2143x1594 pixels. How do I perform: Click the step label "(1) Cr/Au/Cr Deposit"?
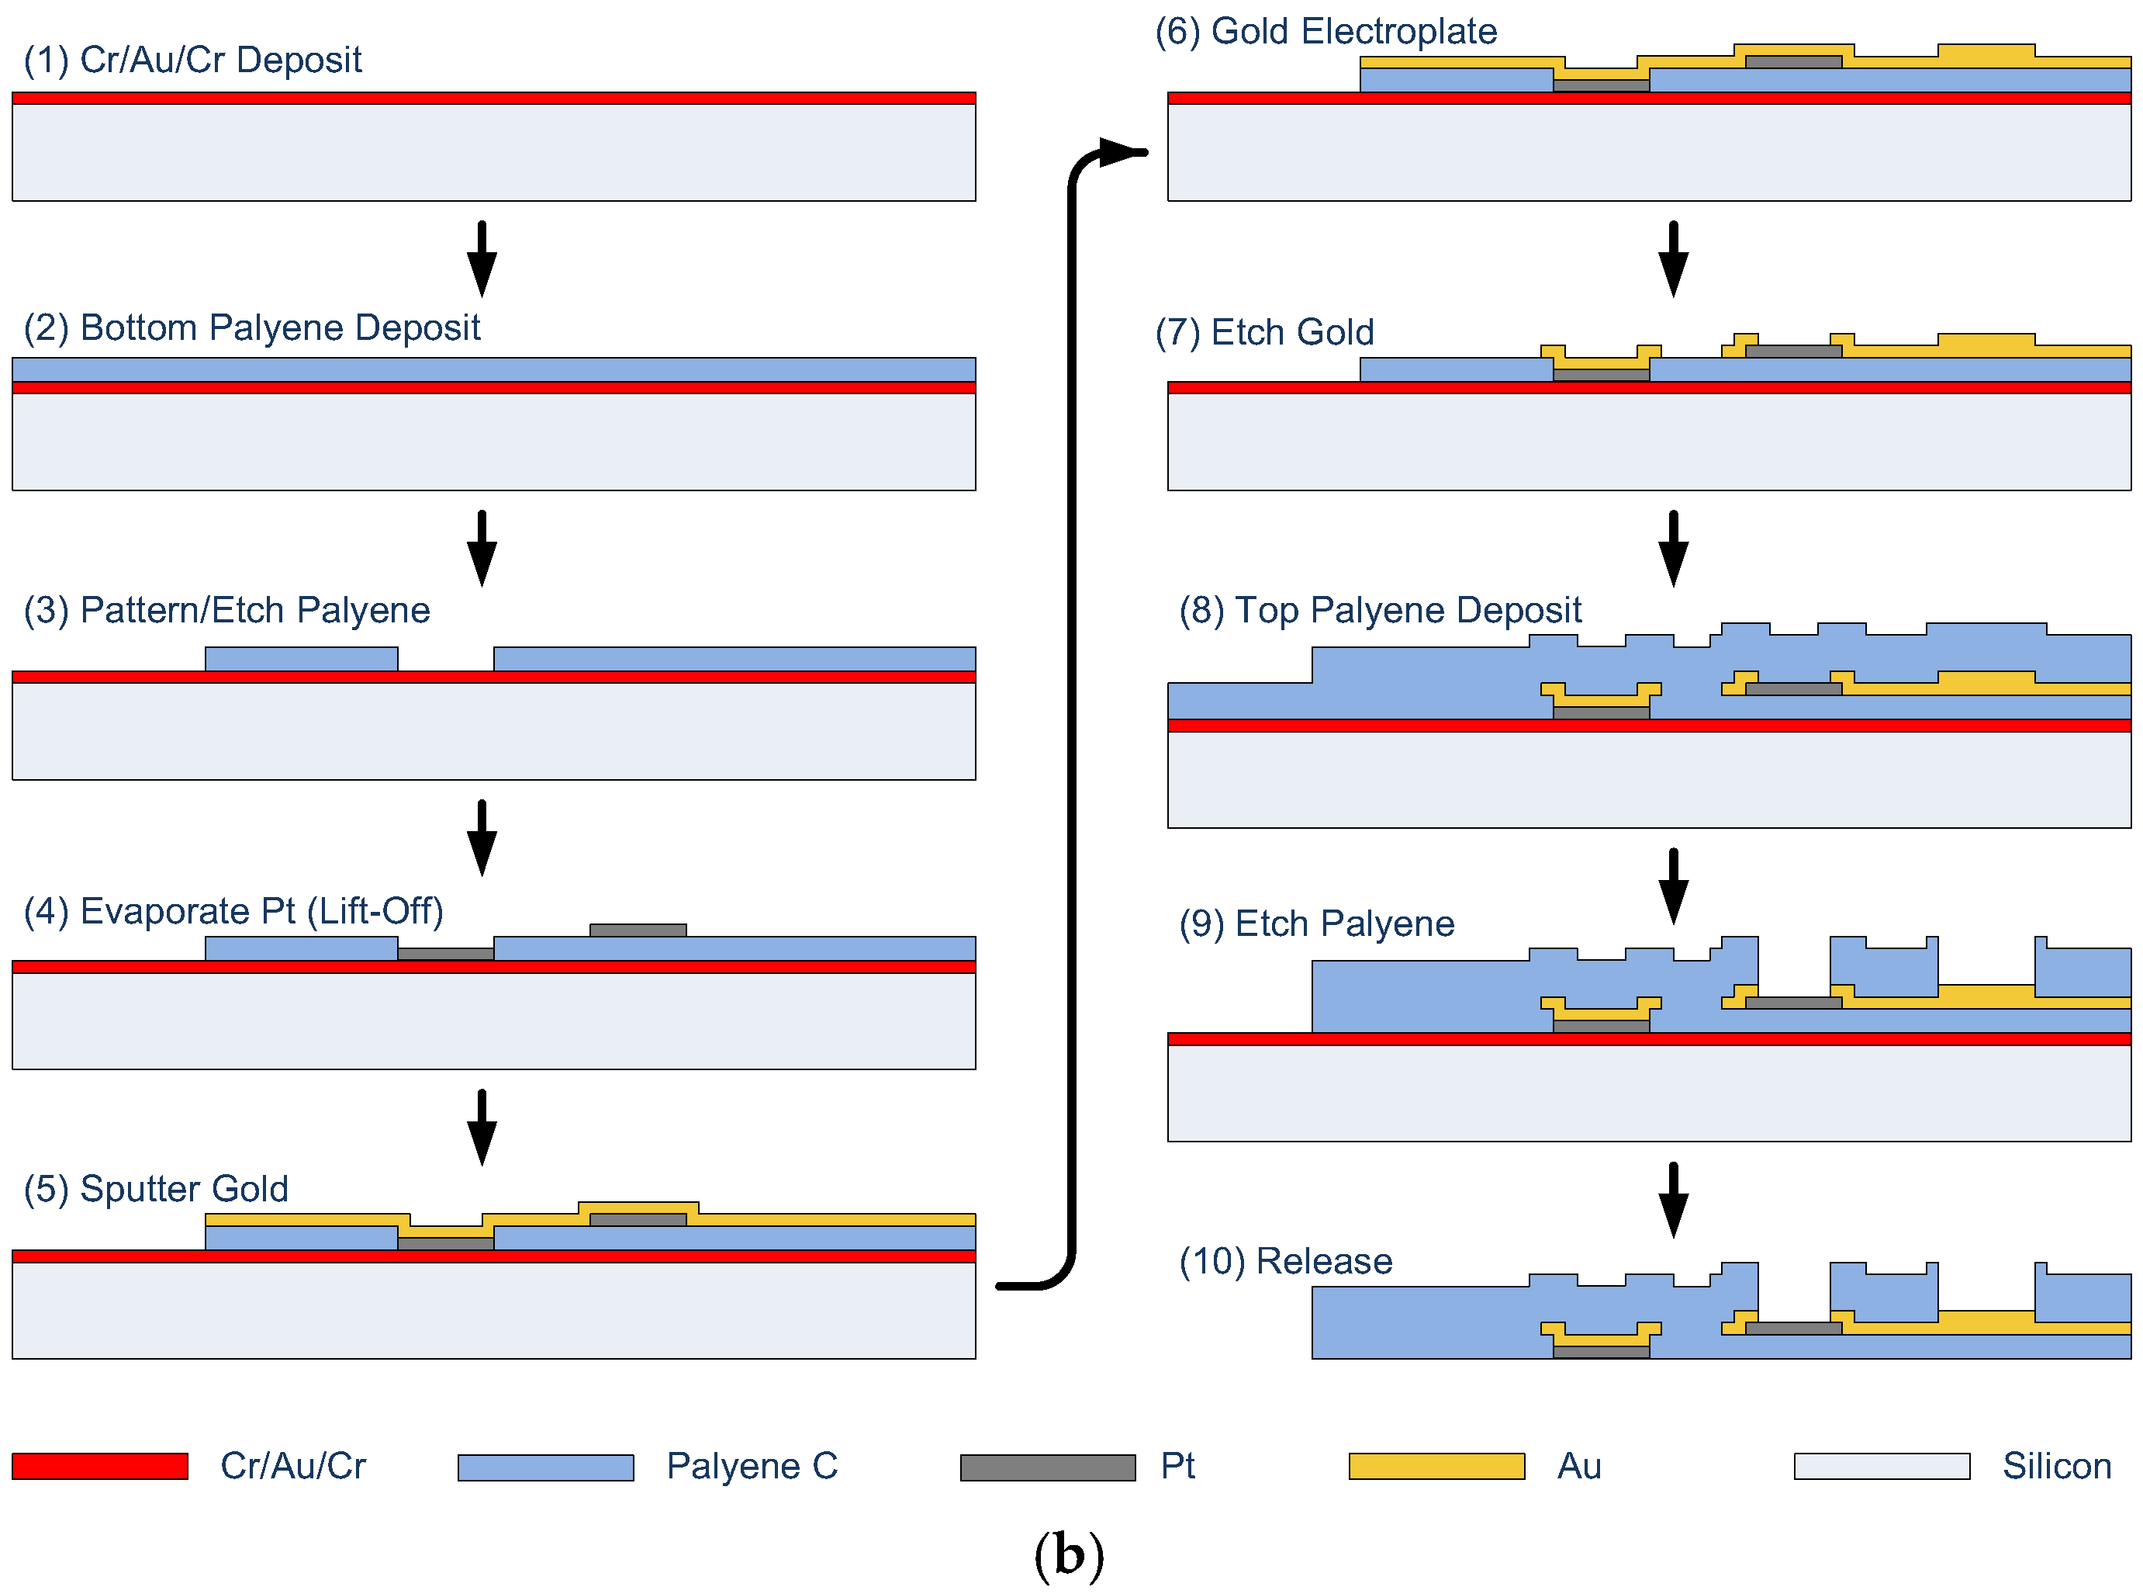pyautogui.click(x=192, y=60)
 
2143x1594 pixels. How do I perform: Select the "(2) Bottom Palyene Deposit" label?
pyautogui.click(x=251, y=328)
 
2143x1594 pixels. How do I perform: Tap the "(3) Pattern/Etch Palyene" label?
pyautogui.click(x=226, y=611)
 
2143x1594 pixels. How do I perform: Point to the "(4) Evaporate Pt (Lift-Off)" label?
pyautogui.click(x=233, y=912)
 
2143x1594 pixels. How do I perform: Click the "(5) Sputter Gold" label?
pyautogui.click(x=155, y=1190)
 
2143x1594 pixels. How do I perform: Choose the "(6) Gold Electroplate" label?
pyautogui.click(x=1326, y=32)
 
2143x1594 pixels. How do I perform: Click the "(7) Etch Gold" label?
pyautogui.click(x=1263, y=333)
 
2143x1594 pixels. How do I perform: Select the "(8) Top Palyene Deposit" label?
pyautogui.click(x=1379, y=611)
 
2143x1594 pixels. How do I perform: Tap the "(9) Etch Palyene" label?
pyautogui.click(x=1315, y=924)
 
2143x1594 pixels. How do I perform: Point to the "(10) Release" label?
pyautogui.click(x=1284, y=1262)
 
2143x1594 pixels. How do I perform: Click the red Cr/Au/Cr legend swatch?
pyautogui.click(x=99, y=1467)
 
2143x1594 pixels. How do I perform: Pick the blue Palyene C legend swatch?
pyautogui.click(x=545, y=1468)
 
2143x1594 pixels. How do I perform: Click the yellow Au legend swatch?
pyautogui.click(x=1436, y=1467)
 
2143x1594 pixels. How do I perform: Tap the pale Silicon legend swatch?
pyautogui.click(x=1881, y=1467)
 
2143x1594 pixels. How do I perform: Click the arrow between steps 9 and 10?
pyautogui.click(x=1672, y=1201)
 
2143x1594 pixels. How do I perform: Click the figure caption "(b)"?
pyautogui.click(x=1069, y=1554)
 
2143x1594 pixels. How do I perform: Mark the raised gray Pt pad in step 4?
pyautogui.click(x=638, y=930)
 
